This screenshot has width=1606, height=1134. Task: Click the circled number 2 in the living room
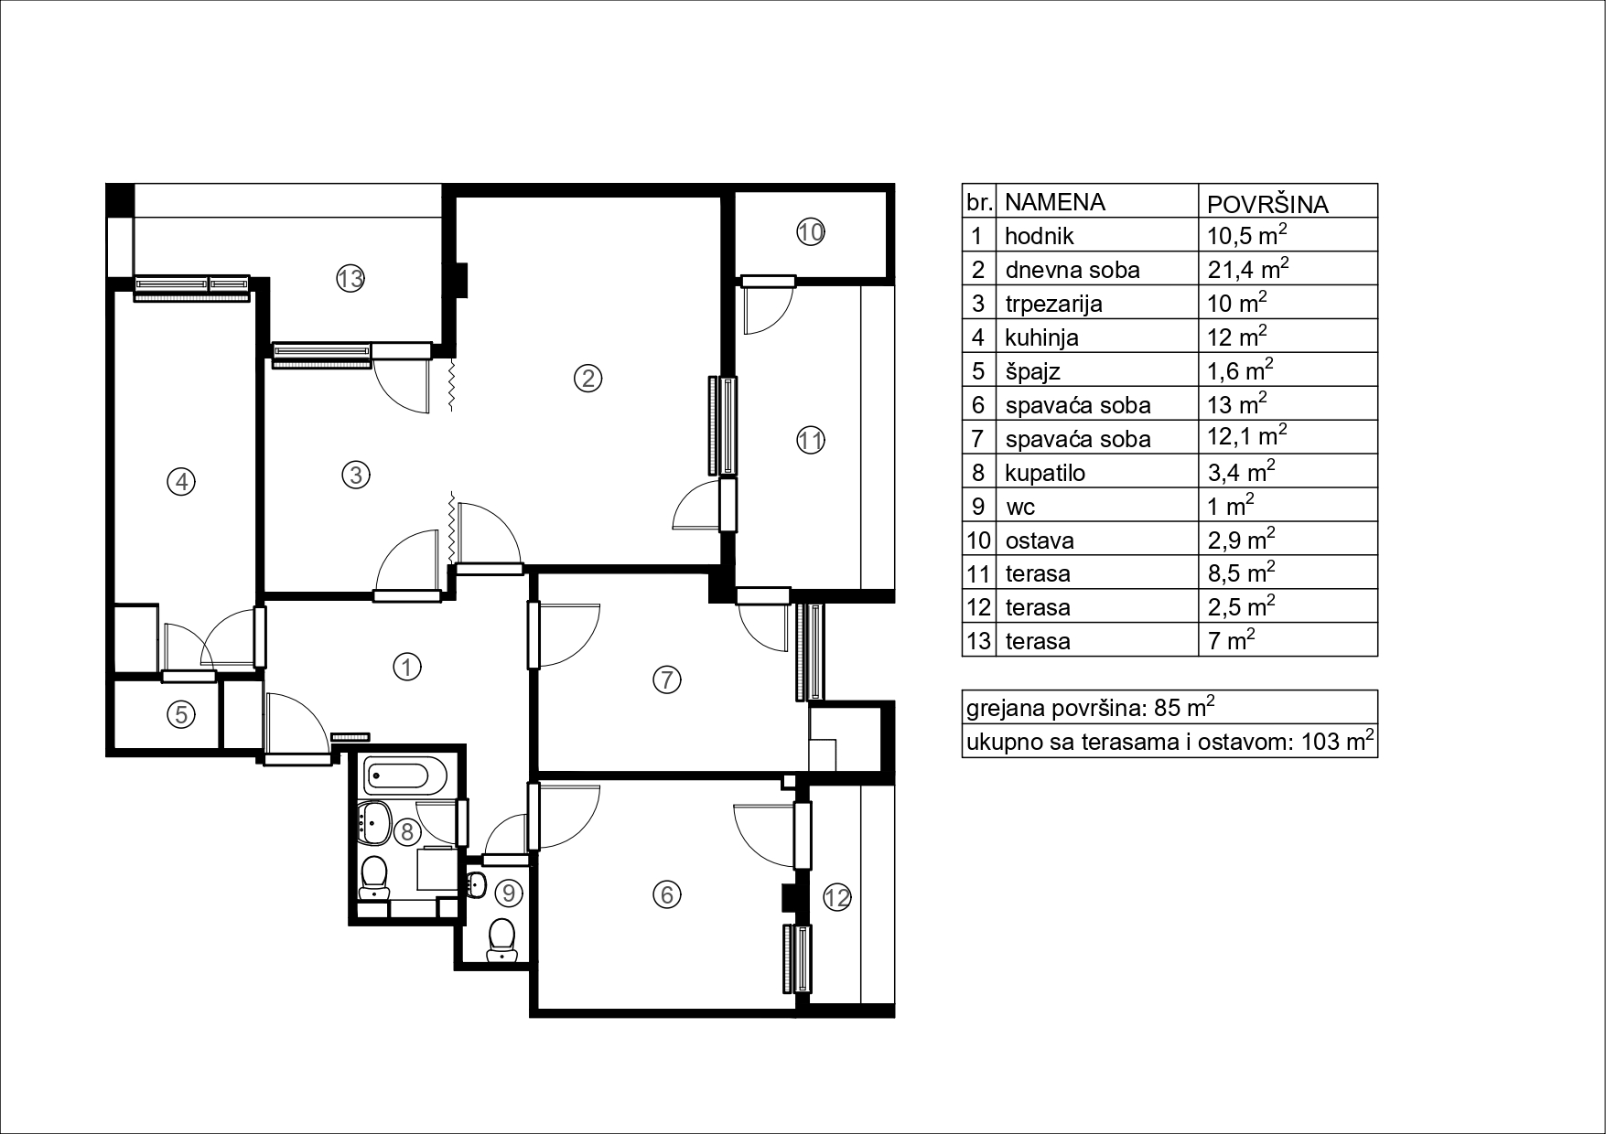tap(587, 377)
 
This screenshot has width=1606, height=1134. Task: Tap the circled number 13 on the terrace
tap(350, 278)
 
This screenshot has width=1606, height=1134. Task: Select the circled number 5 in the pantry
tap(181, 714)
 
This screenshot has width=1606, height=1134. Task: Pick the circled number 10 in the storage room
tap(811, 232)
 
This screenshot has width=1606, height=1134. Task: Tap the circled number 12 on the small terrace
tap(837, 898)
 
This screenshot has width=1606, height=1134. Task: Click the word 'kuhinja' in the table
tap(1041, 337)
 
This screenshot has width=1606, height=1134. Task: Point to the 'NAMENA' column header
tap(1055, 201)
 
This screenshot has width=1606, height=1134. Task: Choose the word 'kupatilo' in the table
tap(1043, 473)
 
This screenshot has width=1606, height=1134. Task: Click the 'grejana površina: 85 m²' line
tap(1091, 708)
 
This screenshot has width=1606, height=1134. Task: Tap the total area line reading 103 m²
tap(1170, 742)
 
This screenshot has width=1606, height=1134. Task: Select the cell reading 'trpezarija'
tap(1053, 304)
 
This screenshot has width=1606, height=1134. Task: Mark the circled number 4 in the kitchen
tap(181, 481)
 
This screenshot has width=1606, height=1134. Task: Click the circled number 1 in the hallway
tap(405, 667)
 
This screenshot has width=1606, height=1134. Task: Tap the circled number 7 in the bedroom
tap(666, 679)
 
